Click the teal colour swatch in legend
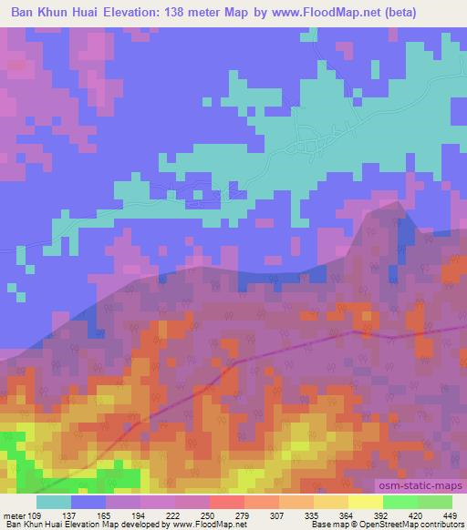(x=54, y=502)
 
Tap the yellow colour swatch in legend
(x=366, y=502)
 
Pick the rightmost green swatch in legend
(x=435, y=502)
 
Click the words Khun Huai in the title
(x=72, y=12)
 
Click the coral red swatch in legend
(x=227, y=502)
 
